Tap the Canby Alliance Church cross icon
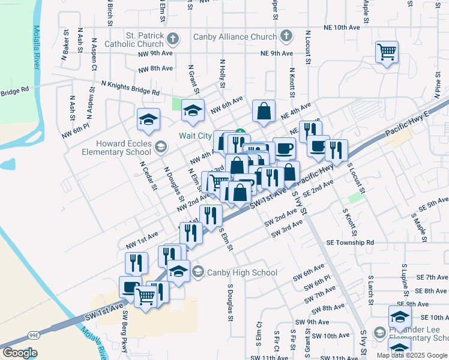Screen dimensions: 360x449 point(286,37)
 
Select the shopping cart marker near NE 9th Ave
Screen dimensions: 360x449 point(387,52)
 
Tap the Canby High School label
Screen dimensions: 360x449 point(242,272)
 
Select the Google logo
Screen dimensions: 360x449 point(20,353)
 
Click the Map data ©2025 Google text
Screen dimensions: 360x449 point(412,355)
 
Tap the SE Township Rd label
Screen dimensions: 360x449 point(350,242)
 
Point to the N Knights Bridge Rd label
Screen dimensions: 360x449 point(130,88)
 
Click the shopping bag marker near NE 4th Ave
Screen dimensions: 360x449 point(264,111)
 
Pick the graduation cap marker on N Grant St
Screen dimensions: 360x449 point(193,110)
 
